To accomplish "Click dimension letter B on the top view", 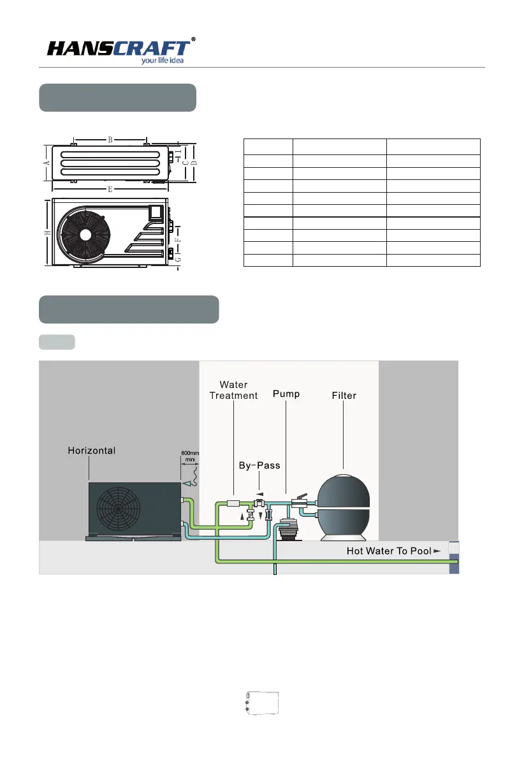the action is click(x=110, y=139).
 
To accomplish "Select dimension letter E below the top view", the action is click(x=110, y=190).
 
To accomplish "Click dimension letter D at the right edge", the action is click(x=194, y=163).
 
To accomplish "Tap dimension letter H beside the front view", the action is click(x=47, y=233).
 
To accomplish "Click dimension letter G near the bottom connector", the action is click(x=178, y=260).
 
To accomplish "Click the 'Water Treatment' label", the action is click(x=233, y=390).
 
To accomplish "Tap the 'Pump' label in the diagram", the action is click(x=286, y=394).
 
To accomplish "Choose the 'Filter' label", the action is click(x=344, y=396).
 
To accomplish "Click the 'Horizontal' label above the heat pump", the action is click(x=91, y=451).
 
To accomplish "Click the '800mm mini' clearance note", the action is click(x=190, y=457).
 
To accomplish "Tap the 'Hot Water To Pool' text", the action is click(x=389, y=551).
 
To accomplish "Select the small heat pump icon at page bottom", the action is click(x=261, y=703).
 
